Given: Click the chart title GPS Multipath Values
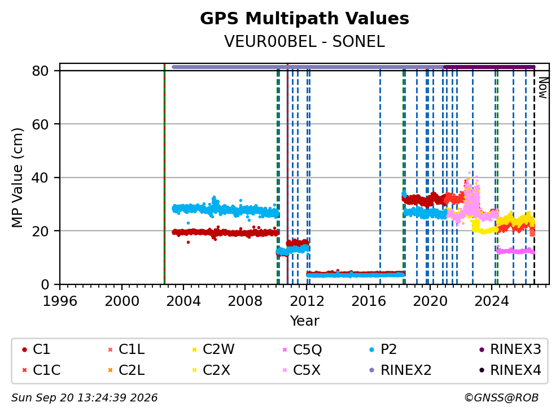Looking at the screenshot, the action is (x=304, y=19).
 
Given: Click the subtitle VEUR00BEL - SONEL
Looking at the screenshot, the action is (x=304, y=41).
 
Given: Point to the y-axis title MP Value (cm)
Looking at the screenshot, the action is (x=17, y=178).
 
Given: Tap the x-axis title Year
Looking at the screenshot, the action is (x=304, y=321).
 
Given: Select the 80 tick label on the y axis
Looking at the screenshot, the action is (x=40, y=71).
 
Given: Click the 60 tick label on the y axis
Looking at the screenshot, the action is (x=40, y=124).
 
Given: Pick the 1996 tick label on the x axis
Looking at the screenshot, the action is (x=60, y=301).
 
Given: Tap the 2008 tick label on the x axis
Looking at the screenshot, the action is (x=245, y=301).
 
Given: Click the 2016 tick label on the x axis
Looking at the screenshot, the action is (x=368, y=301).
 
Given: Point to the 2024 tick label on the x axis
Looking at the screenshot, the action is (x=492, y=301).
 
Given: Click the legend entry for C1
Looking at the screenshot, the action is (x=36, y=349).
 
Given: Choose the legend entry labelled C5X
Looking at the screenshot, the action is (x=301, y=370).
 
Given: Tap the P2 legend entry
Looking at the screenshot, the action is (x=383, y=349).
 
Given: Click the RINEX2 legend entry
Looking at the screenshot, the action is (x=400, y=370).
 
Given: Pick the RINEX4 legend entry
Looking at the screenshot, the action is (x=510, y=370).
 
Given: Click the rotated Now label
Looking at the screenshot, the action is (x=543, y=88).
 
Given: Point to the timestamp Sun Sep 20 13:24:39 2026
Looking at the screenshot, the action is (x=84, y=397).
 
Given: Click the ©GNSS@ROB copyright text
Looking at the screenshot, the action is (x=501, y=397).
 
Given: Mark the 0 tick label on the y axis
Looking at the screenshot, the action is (x=45, y=284).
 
